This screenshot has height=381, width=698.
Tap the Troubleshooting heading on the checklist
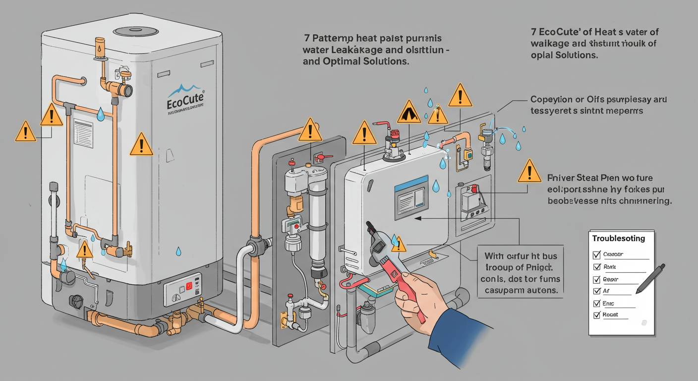point(619,239)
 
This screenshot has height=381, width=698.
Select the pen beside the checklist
point(650,278)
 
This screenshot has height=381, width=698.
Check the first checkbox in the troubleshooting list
point(597,254)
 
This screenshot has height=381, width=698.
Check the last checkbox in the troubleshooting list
point(597,315)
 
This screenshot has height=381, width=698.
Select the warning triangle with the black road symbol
point(409,112)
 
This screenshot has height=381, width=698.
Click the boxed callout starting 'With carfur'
point(520,271)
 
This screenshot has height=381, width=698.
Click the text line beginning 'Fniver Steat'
point(600,178)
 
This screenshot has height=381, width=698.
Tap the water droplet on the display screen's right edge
point(436,186)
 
